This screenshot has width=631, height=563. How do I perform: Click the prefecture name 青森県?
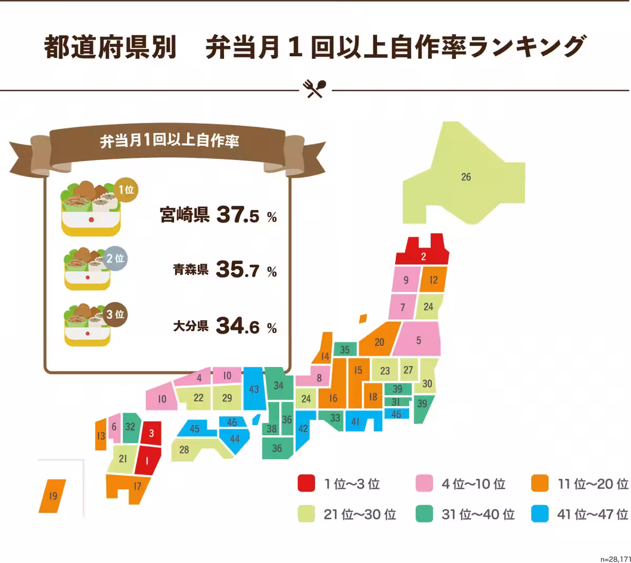(x=191, y=270)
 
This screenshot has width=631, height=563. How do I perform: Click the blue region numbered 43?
(x=254, y=389)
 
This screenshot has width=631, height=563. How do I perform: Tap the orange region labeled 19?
(x=53, y=496)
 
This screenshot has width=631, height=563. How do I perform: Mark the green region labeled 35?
(x=344, y=349)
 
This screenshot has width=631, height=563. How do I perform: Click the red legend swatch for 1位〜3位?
(x=306, y=483)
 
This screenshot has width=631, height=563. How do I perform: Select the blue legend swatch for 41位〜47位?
(x=540, y=514)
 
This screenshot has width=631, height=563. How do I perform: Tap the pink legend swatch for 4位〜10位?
(x=424, y=483)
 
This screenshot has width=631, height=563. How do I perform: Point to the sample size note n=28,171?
(x=615, y=559)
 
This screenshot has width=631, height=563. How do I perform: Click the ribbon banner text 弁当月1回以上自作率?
(x=169, y=140)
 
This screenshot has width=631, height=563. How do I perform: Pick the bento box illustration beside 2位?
(x=87, y=269)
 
